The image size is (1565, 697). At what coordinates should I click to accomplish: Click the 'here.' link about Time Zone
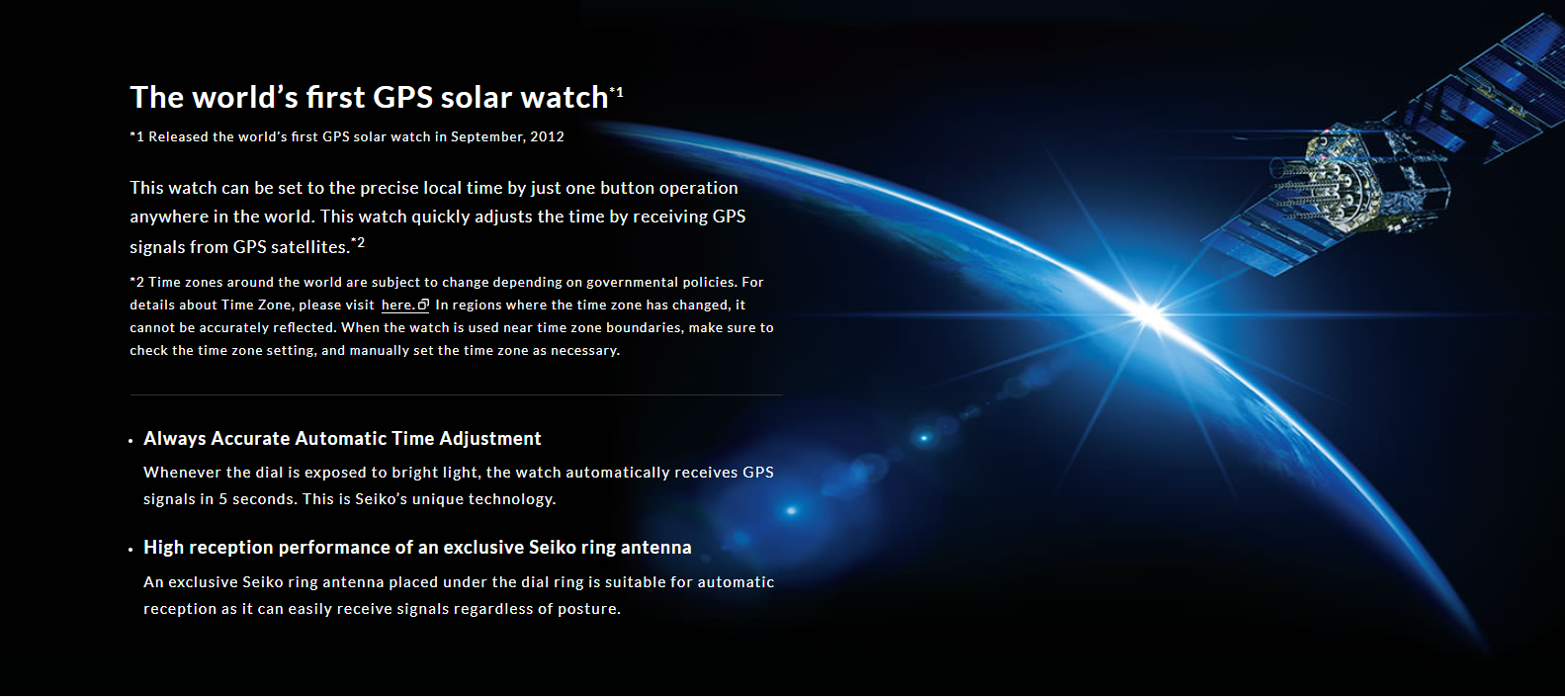click(x=397, y=305)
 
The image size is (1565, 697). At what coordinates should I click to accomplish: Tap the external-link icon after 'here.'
click(x=423, y=305)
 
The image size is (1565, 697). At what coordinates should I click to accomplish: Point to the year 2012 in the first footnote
click(x=547, y=136)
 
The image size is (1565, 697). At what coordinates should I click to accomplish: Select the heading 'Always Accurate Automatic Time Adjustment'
click(x=342, y=439)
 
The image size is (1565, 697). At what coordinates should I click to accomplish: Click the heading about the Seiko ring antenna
click(x=417, y=548)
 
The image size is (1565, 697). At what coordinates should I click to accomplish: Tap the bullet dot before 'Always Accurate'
click(x=130, y=441)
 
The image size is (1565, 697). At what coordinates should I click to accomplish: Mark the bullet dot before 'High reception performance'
click(x=130, y=550)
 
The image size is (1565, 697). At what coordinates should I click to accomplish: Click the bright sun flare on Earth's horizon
click(x=1149, y=314)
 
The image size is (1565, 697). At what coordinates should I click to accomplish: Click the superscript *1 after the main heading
click(x=617, y=91)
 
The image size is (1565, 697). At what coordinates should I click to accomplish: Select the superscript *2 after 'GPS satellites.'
click(x=358, y=242)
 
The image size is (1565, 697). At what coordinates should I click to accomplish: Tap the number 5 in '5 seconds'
click(x=222, y=499)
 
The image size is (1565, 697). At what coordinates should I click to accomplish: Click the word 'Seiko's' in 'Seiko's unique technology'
click(x=382, y=499)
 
